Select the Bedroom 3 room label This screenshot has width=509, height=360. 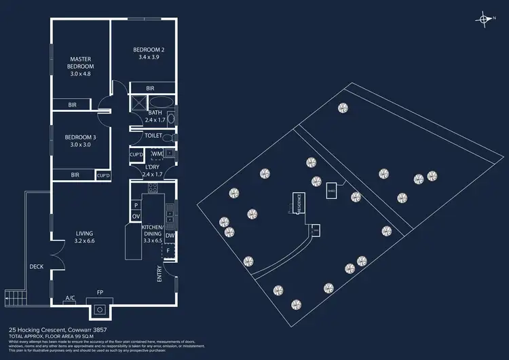point(81,141)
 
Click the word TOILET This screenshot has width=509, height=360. point(153,136)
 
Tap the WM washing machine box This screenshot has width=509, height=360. point(157,155)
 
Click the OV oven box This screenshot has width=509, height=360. point(135,216)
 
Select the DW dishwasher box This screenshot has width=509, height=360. point(169,236)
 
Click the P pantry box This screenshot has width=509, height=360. point(135,204)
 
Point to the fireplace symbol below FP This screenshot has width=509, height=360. point(100,310)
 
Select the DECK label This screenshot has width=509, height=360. point(36,266)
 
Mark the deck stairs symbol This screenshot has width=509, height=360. point(14,296)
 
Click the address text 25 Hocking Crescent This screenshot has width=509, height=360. point(40,328)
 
